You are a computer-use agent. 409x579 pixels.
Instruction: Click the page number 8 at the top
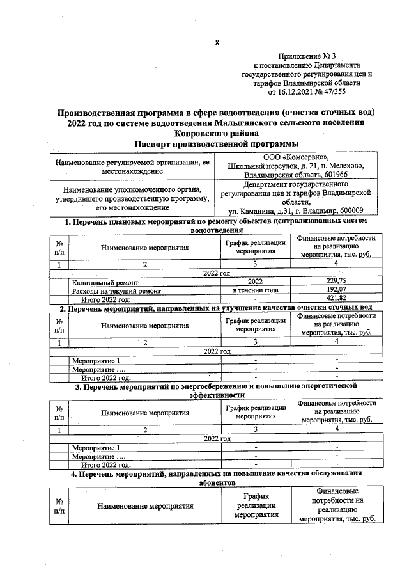click(217, 43)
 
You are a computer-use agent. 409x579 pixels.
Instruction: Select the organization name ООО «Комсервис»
click(296, 157)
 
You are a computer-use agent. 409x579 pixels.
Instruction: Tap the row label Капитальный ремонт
click(105, 282)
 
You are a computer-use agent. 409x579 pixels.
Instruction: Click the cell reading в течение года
click(255, 290)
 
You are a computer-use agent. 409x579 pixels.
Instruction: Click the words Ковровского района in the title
click(217, 133)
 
